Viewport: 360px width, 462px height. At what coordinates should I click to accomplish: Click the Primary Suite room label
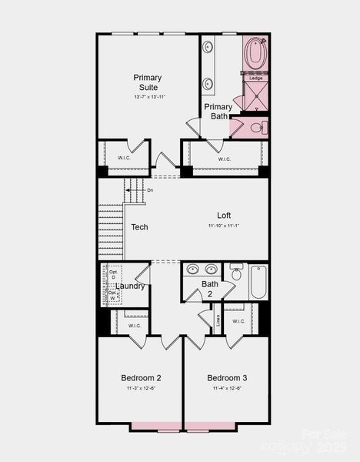147,82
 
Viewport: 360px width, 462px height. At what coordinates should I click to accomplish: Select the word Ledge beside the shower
255,78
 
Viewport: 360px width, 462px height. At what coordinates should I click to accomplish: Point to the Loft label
224,216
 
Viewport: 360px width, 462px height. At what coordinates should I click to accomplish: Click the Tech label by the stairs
139,227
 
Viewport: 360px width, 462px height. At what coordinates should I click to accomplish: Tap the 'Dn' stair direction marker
150,190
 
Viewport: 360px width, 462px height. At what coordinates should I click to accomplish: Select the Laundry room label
130,286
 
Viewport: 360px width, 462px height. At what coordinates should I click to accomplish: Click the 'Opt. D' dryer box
113,275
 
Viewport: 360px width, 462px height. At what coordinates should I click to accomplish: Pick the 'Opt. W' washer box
113,296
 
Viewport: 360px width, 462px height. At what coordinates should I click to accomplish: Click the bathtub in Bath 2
258,282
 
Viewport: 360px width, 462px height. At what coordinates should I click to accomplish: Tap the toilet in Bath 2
236,272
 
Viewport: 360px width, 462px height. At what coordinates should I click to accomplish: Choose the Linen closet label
218,317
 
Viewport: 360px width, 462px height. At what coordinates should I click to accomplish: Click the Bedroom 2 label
141,378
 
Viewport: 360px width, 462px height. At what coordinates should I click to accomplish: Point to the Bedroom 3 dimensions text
227,389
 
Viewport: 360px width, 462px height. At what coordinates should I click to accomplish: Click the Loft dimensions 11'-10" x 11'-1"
224,226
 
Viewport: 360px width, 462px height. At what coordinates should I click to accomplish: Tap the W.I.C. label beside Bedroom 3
238,321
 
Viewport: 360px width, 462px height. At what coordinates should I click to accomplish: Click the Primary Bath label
218,112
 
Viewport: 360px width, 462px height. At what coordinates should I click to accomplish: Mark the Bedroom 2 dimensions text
141,389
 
